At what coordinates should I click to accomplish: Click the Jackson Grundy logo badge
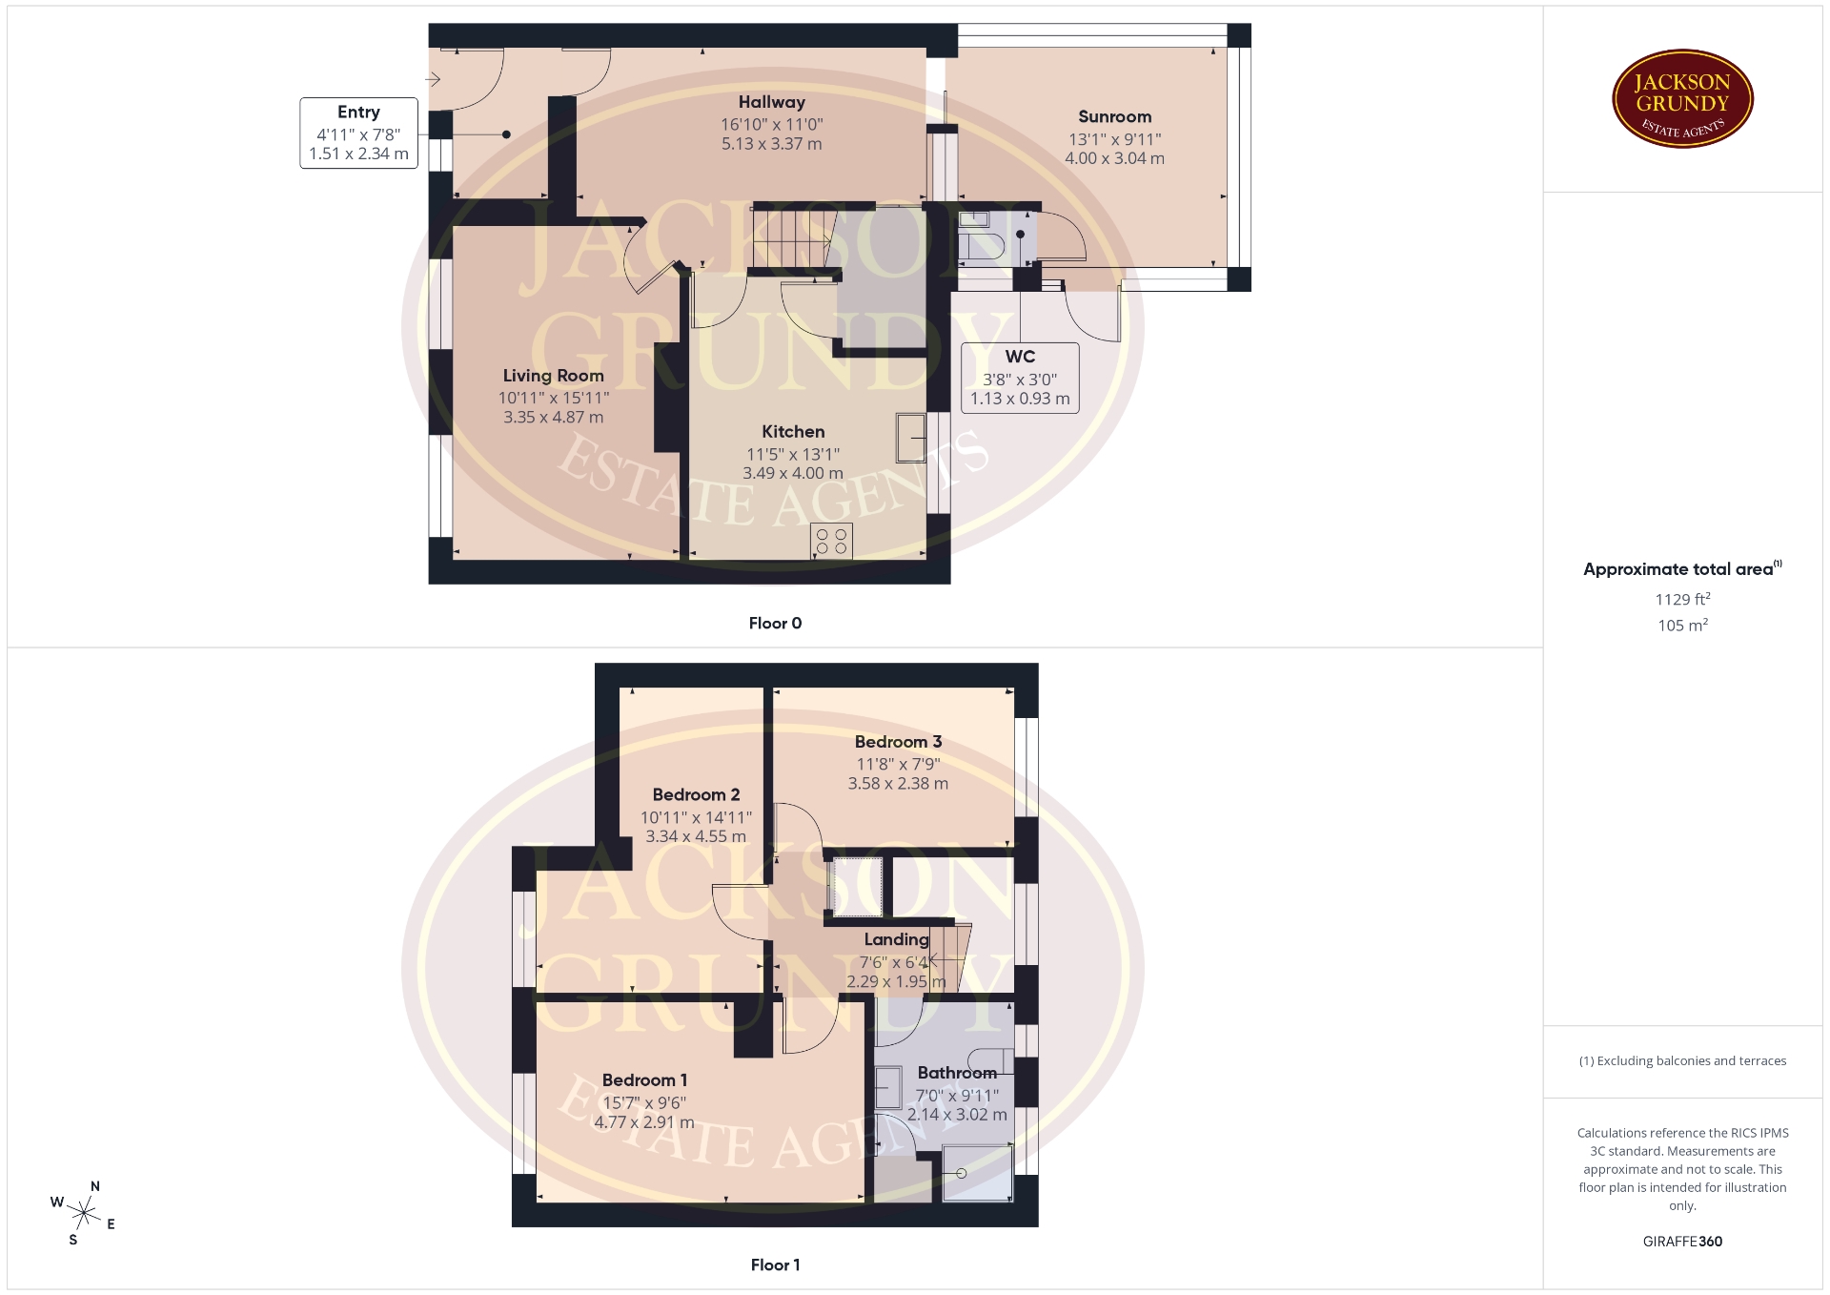pos(1682,99)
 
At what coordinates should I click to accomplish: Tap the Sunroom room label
pos(1114,116)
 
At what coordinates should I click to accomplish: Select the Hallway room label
pos(771,102)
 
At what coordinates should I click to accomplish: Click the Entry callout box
pos(358,134)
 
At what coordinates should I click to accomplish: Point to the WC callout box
pos(1020,378)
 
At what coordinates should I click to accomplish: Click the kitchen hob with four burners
pos(831,541)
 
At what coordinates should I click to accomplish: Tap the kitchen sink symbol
pos(911,438)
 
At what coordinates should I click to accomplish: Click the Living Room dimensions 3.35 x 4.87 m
pos(553,417)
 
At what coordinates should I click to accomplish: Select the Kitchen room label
pos(793,432)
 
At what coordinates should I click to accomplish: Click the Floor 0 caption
pos(775,624)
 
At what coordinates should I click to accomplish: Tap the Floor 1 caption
pos(775,1265)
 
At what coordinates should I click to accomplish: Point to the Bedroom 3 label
pos(898,742)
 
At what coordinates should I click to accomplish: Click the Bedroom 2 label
pos(696,795)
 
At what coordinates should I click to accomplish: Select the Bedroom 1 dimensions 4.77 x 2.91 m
pos(644,1122)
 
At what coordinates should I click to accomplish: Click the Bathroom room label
pos(957,1073)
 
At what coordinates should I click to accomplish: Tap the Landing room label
pos(896,940)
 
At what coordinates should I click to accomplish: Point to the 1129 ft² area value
pos(1682,599)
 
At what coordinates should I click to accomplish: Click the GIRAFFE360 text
pos(1682,1242)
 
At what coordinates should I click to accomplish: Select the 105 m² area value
pos(1682,626)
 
